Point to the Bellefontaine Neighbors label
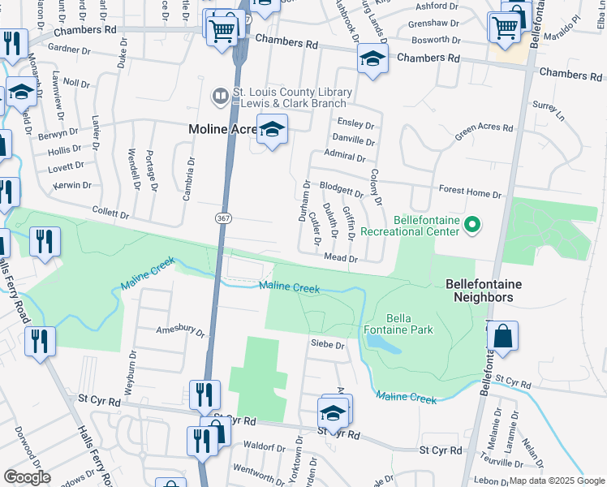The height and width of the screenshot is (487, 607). tap(483, 291)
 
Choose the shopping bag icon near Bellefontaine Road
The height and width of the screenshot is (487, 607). tap(502, 336)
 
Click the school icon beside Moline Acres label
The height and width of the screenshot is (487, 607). tap(273, 130)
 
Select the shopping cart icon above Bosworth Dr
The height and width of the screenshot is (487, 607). tap(505, 28)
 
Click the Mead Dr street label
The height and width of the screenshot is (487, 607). tap(342, 258)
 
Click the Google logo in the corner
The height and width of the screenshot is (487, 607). tap(28, 477)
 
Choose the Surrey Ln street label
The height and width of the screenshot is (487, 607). tap(549, 109)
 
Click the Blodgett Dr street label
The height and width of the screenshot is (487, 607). tap(341, 191)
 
